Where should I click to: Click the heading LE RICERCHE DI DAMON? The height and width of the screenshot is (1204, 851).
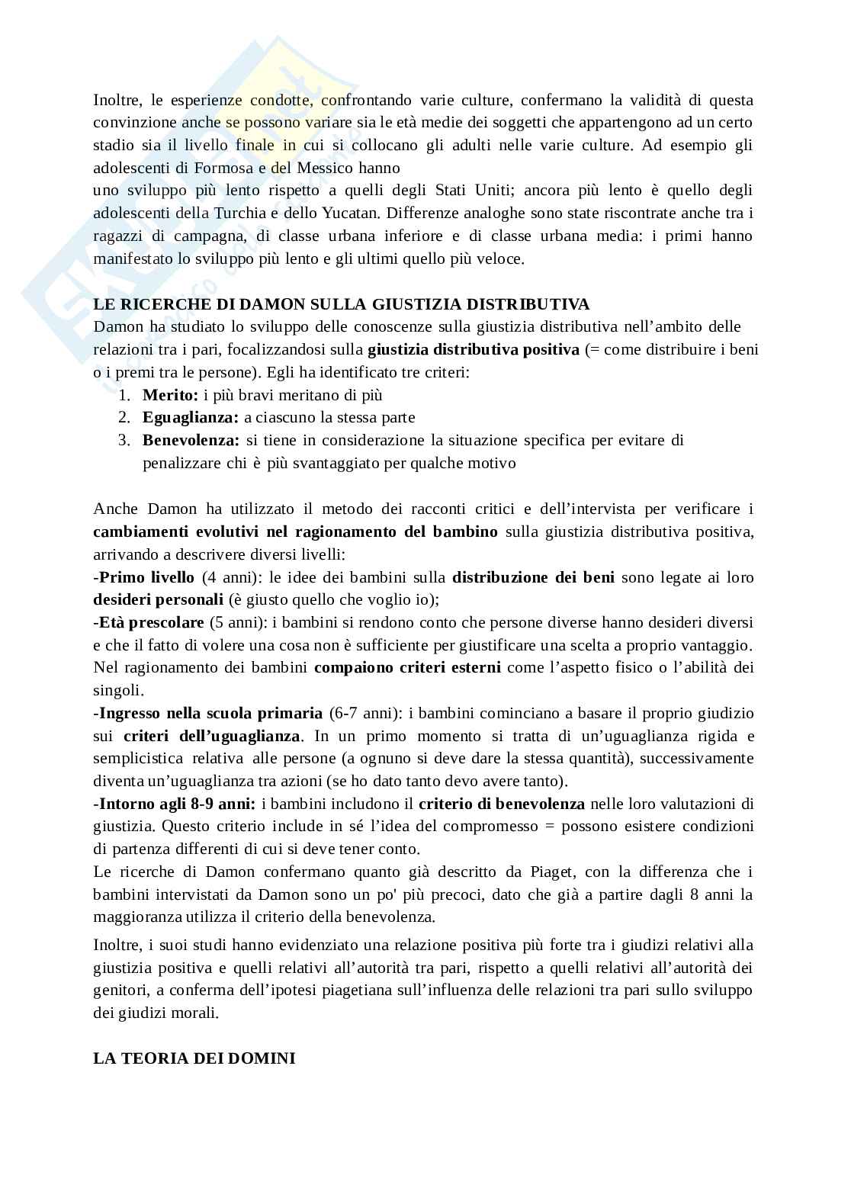pos(341,304)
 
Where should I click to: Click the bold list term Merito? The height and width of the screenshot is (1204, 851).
pos(170,395)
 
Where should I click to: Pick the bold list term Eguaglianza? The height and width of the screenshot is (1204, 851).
pos(191,417)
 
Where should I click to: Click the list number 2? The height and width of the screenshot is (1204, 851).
pos(124,417)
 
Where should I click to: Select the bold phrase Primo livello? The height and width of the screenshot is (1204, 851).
pos(146,577)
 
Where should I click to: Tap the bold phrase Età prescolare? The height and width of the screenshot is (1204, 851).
pos(151,622)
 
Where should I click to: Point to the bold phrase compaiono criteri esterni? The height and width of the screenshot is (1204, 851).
pos(407,668)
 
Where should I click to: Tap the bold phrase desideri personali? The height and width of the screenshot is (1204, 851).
pos(159,599)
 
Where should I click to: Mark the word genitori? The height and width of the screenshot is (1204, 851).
pos(118,990)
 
